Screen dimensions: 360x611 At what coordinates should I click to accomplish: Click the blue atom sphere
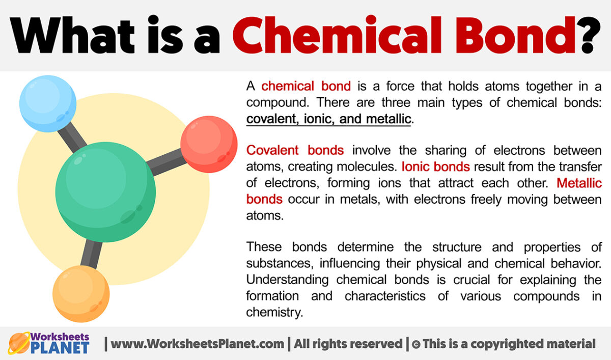(x=47, y=104)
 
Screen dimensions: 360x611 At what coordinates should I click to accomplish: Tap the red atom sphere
(x=209, y=144)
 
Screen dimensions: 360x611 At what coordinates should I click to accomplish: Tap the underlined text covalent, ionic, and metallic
(x=328, y=119)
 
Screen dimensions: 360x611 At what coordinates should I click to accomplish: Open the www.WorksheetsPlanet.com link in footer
(x=198, y=344)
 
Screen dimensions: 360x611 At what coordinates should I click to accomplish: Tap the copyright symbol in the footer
(x=415, y=344)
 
